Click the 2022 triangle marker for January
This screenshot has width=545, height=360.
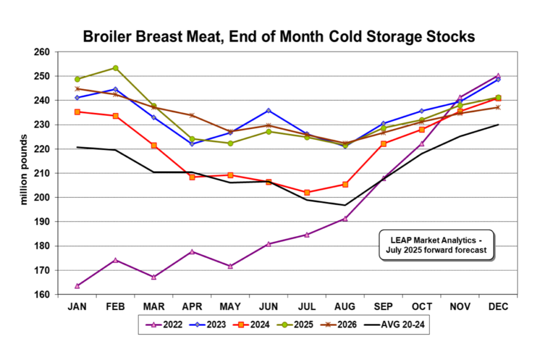77,286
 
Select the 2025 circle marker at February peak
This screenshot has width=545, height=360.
115,68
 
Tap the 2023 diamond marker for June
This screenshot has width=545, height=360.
268,111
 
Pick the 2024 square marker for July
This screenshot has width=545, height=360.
307,192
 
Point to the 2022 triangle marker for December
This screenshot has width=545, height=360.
498,76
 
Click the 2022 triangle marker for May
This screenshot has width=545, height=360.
230,266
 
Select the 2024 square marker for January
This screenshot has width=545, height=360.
77,112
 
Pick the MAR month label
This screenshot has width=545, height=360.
153,307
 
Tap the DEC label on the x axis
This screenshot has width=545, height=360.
498,307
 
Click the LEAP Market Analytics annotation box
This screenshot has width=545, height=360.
436,245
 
